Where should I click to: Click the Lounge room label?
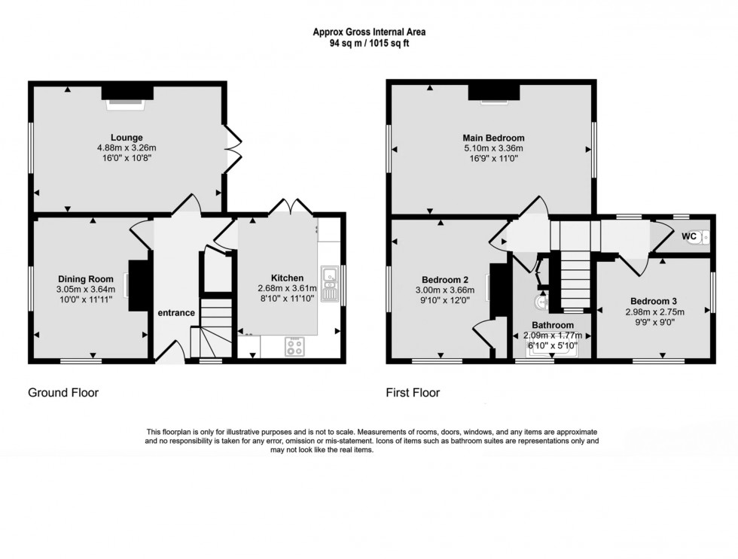pos(126,138)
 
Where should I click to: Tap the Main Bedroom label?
pos(493,138)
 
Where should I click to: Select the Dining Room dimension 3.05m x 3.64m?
pos(85,289)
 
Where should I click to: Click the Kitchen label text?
pos(288,278)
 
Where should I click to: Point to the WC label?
pos(688,236)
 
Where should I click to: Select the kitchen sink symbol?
pos(328,282)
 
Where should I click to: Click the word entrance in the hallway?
pos(176,313)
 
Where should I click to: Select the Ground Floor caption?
pos(63,393)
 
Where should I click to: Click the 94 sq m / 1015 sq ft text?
pos(368,44)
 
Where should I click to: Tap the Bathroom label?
pos(553,325)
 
